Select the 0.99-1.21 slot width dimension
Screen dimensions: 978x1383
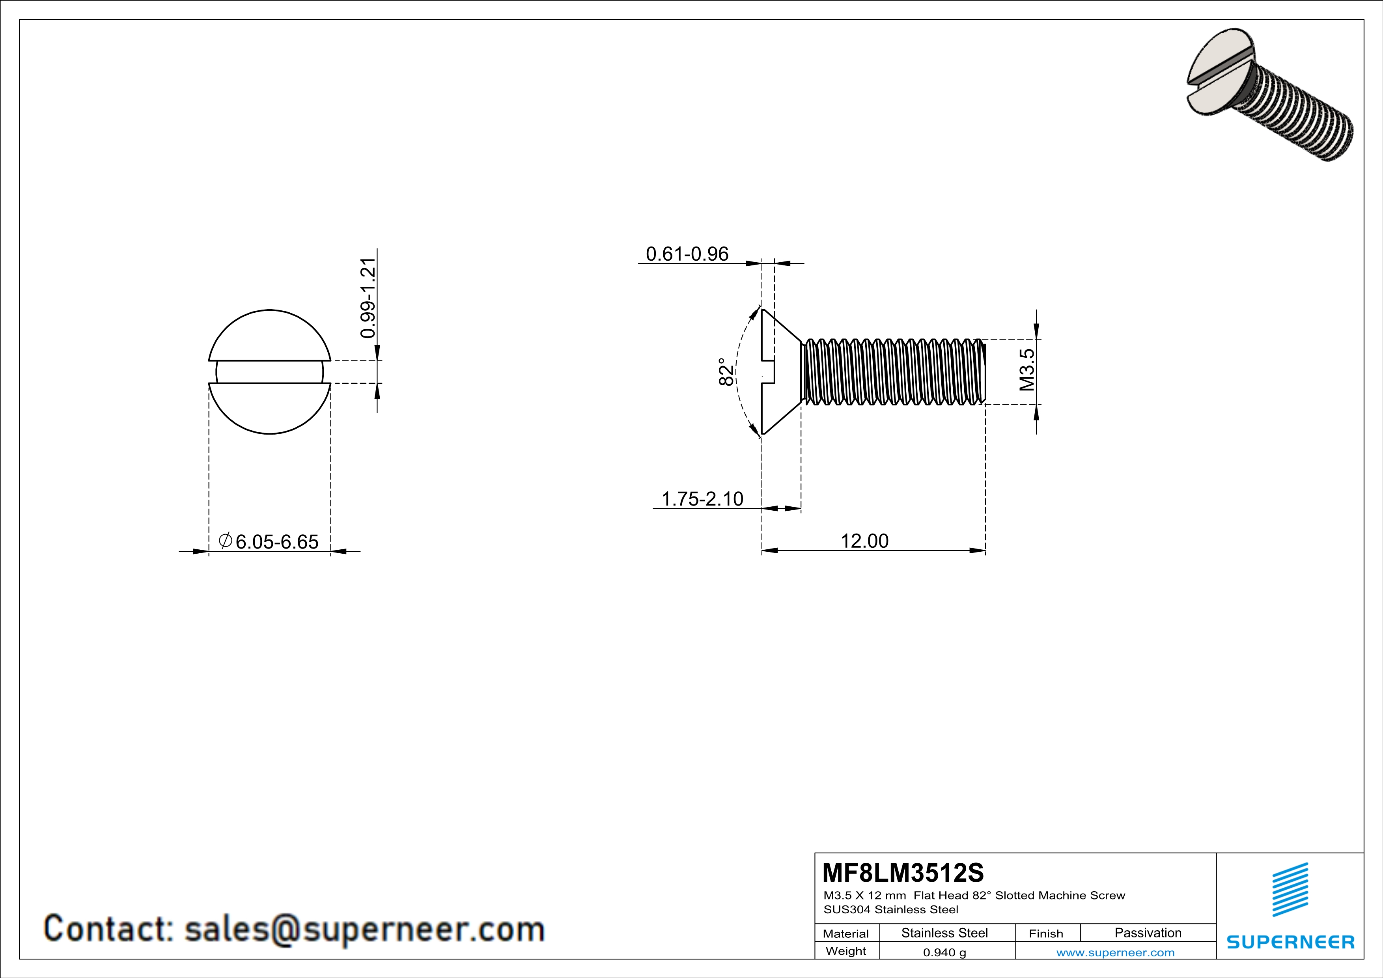tap(368, 298)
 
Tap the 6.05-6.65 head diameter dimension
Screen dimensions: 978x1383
tap(276, 541)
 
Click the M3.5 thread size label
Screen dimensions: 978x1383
tap(1027, 370)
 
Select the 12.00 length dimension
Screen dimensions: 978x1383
tap(864, 541)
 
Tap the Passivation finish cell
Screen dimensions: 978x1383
tap(1148, 933)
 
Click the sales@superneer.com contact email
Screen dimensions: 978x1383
tap(364, 929)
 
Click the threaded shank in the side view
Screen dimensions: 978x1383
tap(894, 371)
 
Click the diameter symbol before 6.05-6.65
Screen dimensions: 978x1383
tap(225, 540)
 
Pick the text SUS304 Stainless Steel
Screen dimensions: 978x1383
tap(890, 910)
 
